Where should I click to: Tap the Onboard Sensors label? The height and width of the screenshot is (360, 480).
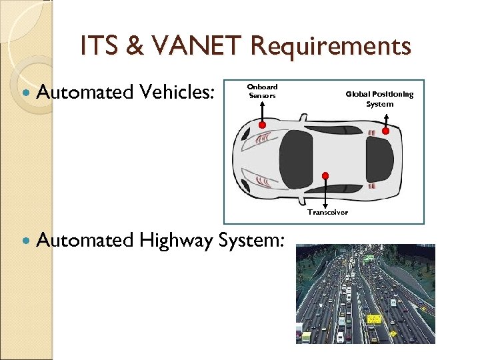[x=262, y=91]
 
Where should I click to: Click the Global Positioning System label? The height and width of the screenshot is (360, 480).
[x=379, y=99]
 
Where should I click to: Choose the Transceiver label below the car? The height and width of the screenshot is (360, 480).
[x=327, y=212]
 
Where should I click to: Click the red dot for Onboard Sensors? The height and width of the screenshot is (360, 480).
[x=263, y=125]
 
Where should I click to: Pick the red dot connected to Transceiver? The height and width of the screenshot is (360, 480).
[x=325, y=176]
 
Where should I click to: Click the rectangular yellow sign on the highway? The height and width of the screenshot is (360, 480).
[x=374, y=319]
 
